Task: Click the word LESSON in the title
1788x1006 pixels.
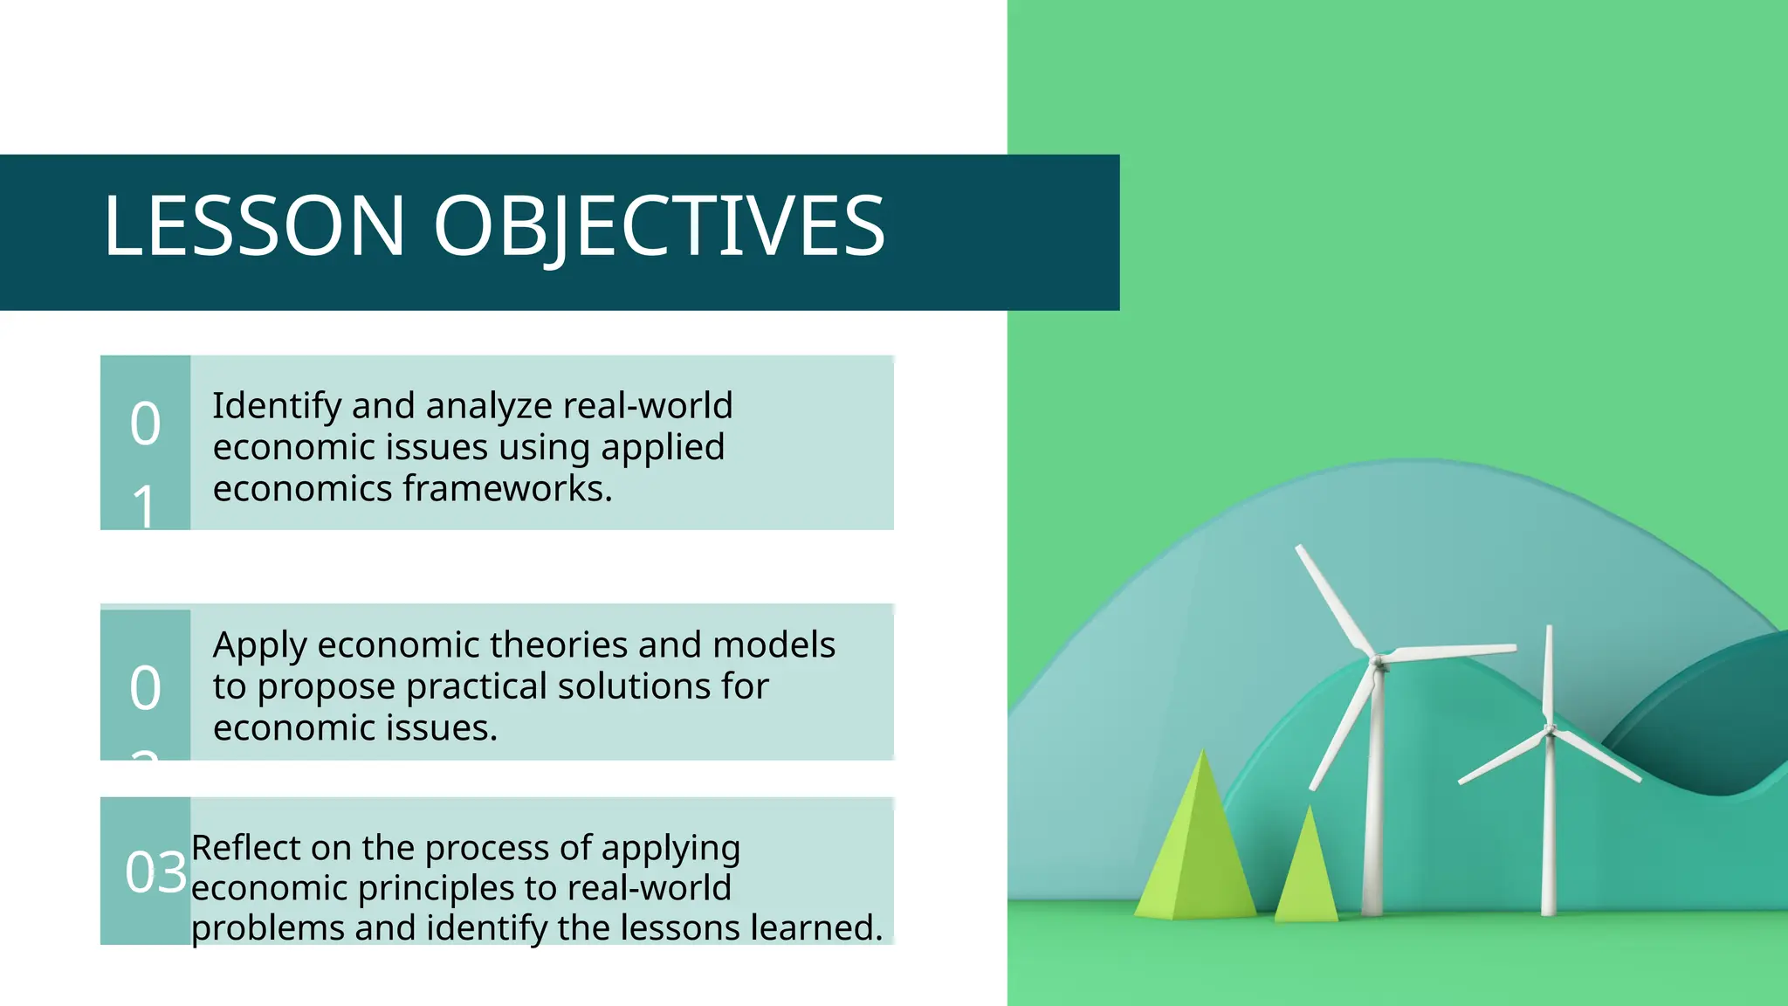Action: click(254, 226)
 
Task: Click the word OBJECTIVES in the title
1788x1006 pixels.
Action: click(659, 226)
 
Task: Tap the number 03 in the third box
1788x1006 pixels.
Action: click(155, 872)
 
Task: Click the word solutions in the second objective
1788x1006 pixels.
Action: click(634, 686)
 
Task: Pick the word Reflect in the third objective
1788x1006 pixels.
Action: click(245, 848)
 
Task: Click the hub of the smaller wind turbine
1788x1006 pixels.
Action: click(1550, 730)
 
